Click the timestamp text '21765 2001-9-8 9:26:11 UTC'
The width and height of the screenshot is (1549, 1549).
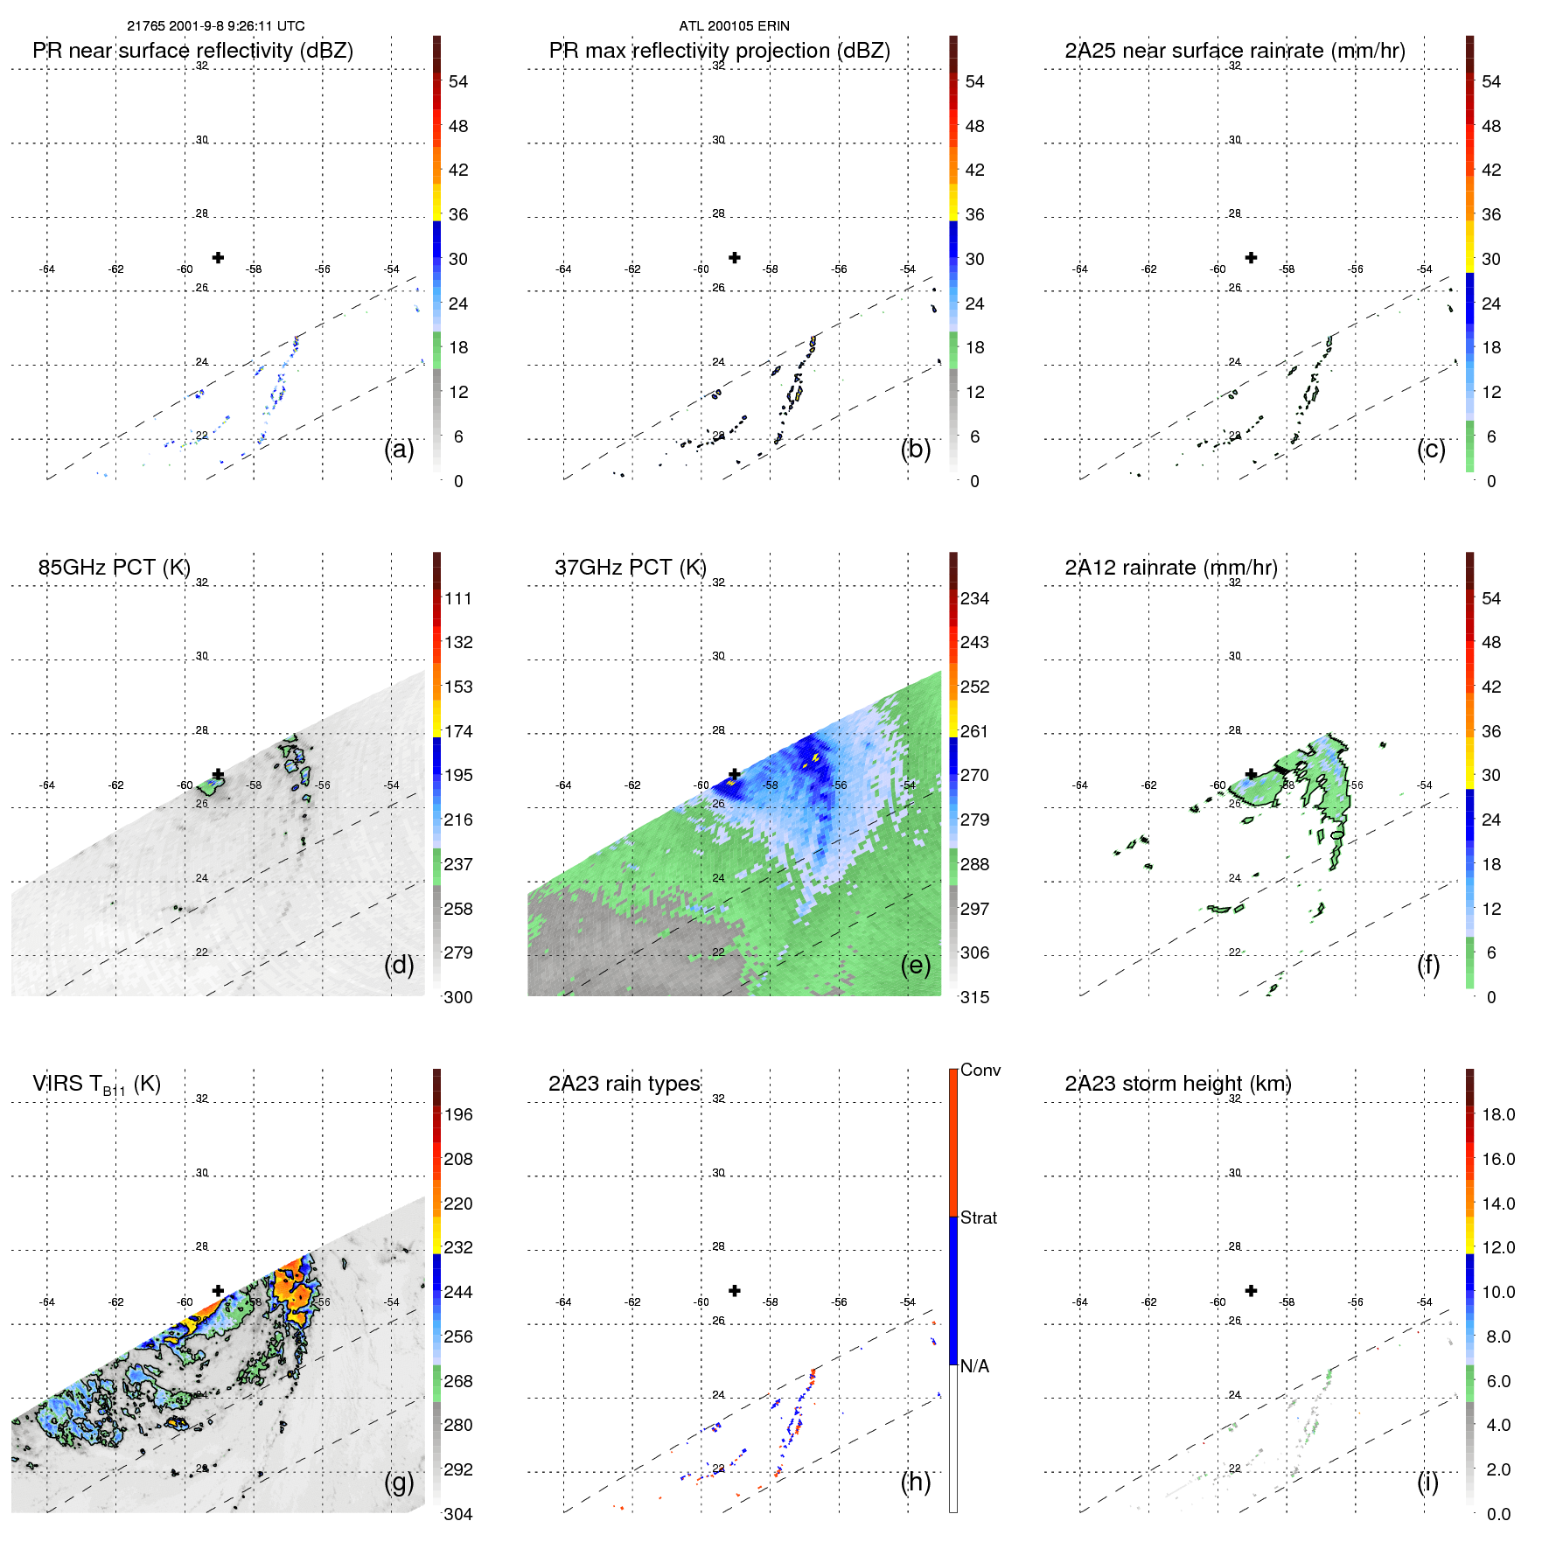[216, 26]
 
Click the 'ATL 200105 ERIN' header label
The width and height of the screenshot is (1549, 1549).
[734, 26]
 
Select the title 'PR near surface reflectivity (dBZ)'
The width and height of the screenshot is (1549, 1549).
[192, 51]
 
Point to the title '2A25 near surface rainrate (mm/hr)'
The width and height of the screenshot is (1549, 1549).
[1235, 51]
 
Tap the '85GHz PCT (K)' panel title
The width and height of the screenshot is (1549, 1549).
[114, 568]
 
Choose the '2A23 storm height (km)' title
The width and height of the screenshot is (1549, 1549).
[1178, 1084]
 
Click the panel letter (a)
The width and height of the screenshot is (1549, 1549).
[399, 450]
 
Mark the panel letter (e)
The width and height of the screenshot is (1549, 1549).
[916, 966]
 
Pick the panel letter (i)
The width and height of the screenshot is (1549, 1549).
[1427, 1482]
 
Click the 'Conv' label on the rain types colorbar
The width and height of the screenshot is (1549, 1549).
[980, 1070]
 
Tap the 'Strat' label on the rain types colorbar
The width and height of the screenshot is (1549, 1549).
[979, 1218]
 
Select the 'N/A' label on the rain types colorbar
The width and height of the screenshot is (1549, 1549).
[974, 1366]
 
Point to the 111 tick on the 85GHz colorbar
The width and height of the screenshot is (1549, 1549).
[458, 598]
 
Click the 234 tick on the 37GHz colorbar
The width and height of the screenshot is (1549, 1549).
[974, 598]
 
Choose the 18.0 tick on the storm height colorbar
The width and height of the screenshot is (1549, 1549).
[1497, 1114]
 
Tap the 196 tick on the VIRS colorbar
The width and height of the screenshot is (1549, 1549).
[458, 1114]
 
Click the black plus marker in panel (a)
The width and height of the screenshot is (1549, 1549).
[218, 257]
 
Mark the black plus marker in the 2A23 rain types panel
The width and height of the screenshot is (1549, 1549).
[735, 1290]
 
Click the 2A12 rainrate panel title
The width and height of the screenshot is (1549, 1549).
[1171, 568]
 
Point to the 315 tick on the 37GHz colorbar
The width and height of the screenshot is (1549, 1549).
[974, 997]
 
